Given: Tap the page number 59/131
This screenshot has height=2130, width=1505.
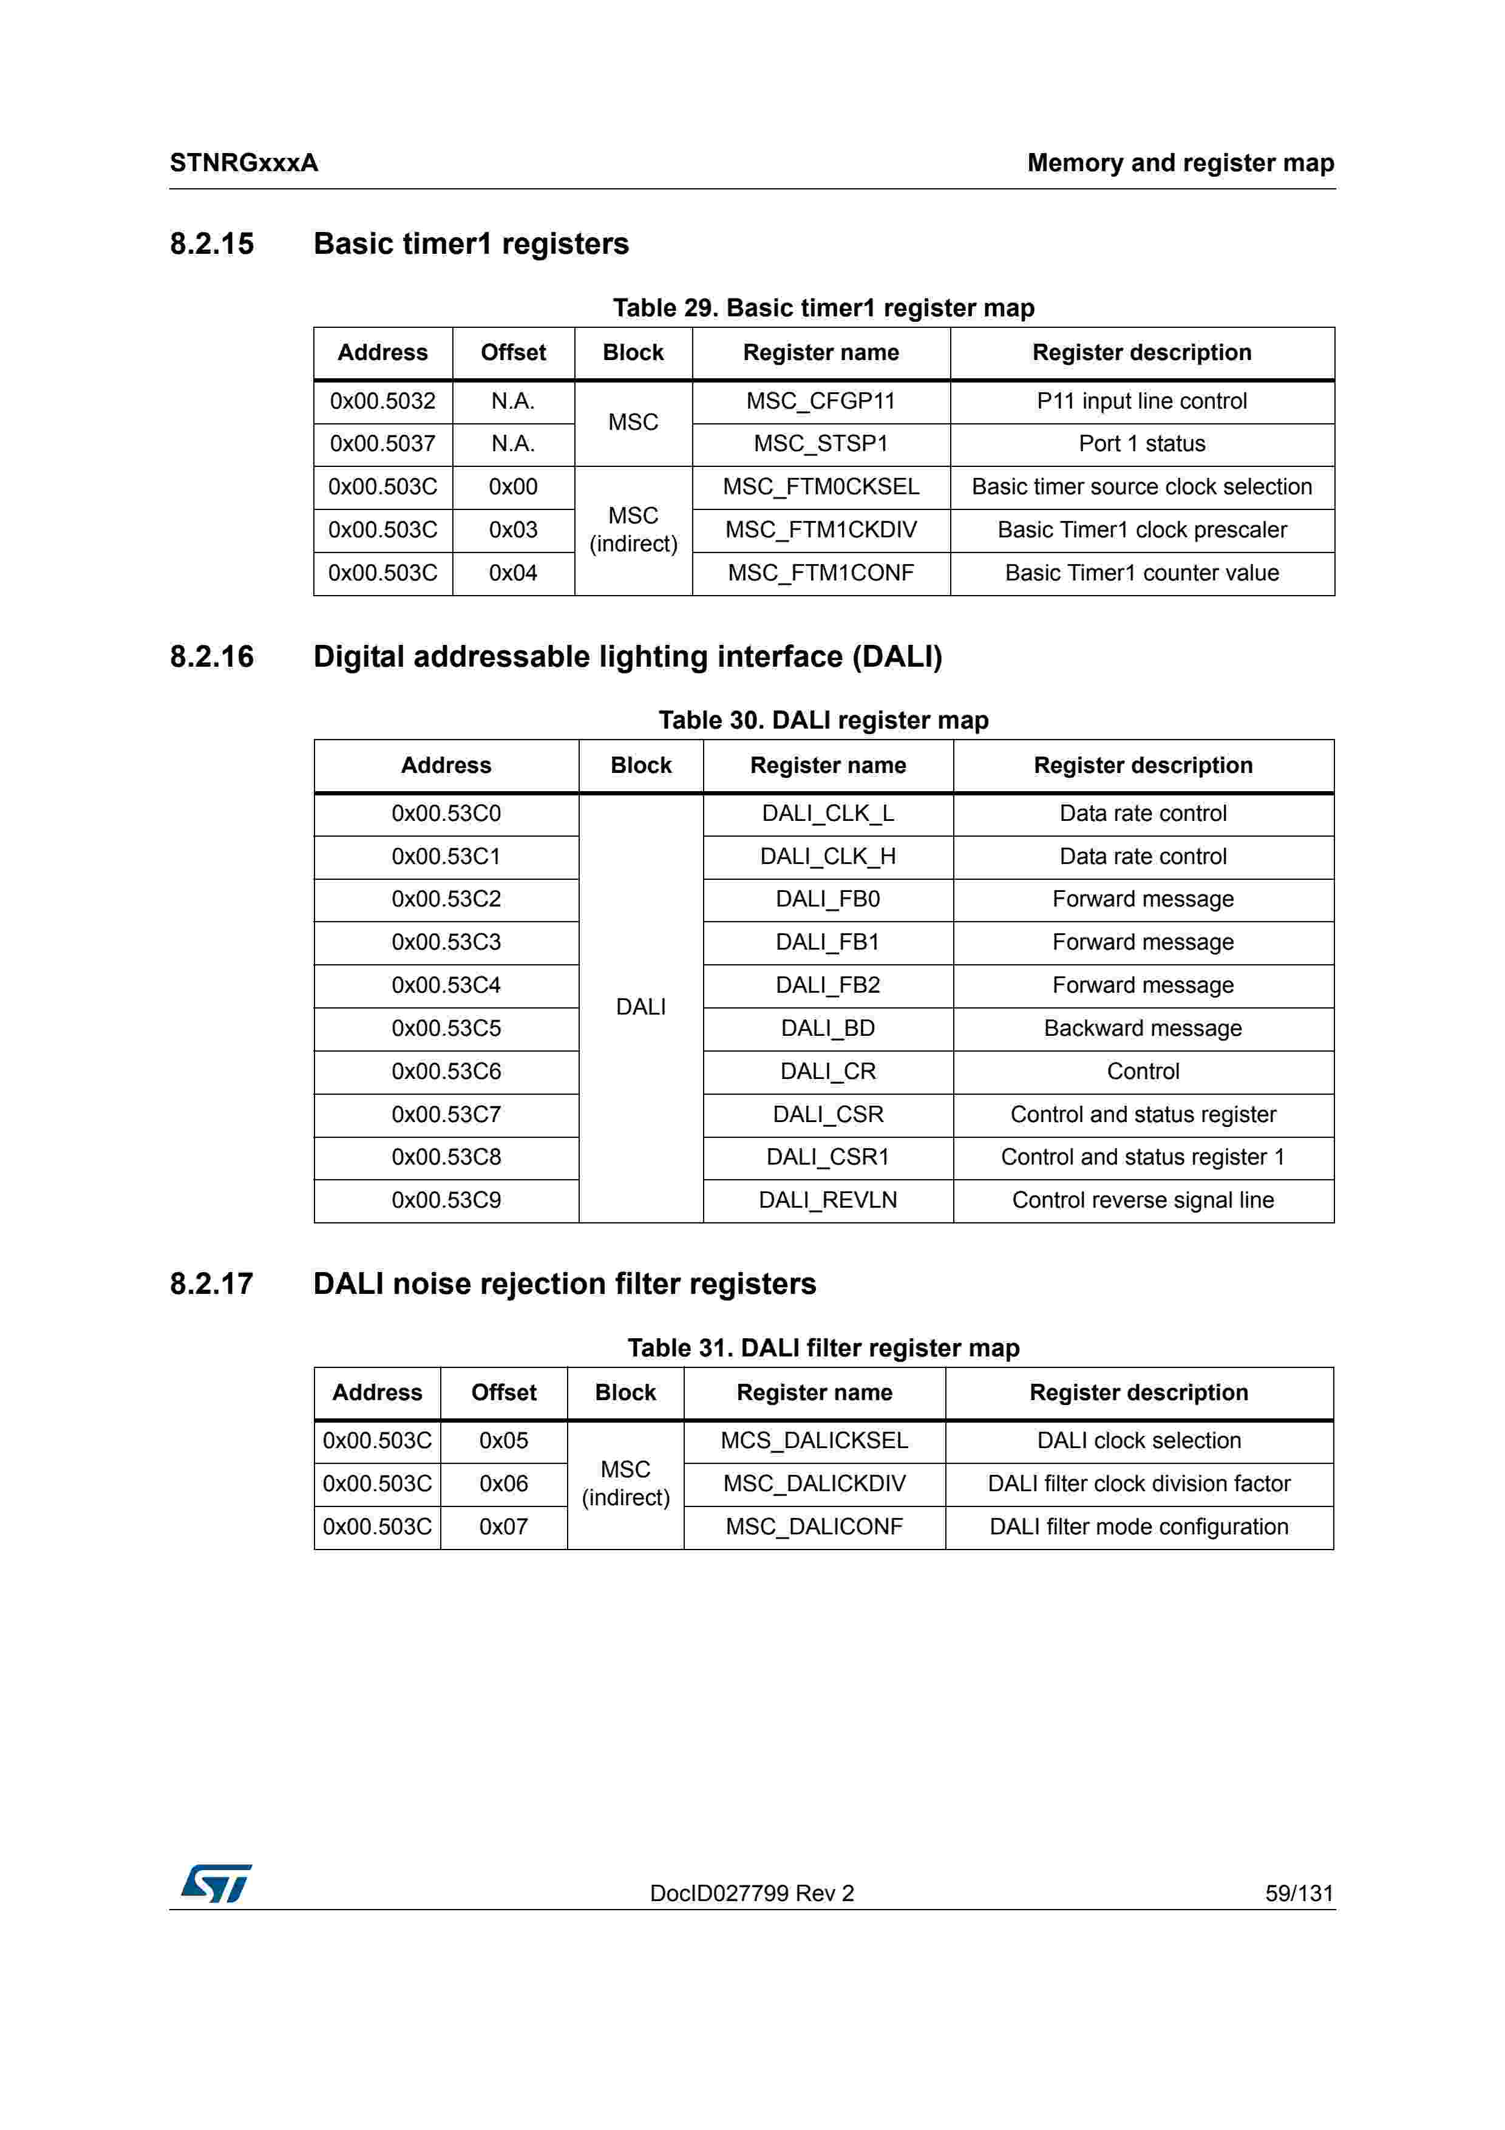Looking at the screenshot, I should coord(1298,1893).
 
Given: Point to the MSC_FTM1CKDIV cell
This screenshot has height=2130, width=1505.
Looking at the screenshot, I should coord(821,529).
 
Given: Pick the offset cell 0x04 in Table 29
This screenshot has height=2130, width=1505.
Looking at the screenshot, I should coord(513,573).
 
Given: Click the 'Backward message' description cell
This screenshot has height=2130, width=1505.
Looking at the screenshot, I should coord(1143,1028).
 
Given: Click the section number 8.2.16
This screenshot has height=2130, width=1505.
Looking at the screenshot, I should coord(211,657).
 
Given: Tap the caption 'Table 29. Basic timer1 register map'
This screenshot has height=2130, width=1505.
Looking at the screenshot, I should coord(823,307).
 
